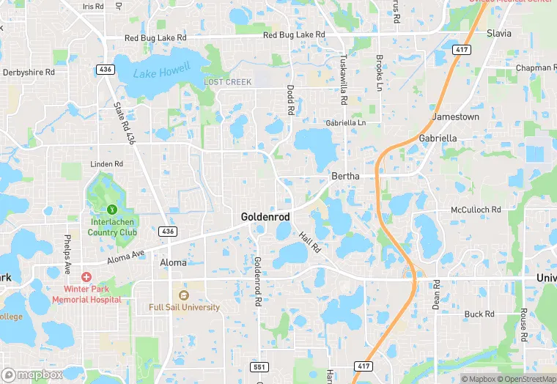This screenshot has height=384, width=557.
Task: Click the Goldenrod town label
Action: (265, 218)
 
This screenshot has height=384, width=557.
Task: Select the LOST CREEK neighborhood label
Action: (228, 82)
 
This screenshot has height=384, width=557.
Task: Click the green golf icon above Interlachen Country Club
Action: (111, 210)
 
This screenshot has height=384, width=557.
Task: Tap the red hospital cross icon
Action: (86, 277)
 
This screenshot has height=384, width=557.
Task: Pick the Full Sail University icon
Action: (183, 295)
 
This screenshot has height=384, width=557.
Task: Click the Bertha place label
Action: (346, 177)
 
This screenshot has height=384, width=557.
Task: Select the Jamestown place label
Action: (456, 117)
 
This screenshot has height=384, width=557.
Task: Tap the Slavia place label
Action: (500, 33)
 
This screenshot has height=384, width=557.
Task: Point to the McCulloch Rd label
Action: (476, 210)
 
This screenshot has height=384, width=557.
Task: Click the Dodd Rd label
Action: (290, 100)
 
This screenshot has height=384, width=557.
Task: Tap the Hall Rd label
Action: (309, 243)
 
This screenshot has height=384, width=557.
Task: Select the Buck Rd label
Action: (479, 314)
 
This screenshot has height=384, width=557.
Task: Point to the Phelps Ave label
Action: (67, 254)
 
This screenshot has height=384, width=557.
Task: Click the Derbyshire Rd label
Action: (29, 73)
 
